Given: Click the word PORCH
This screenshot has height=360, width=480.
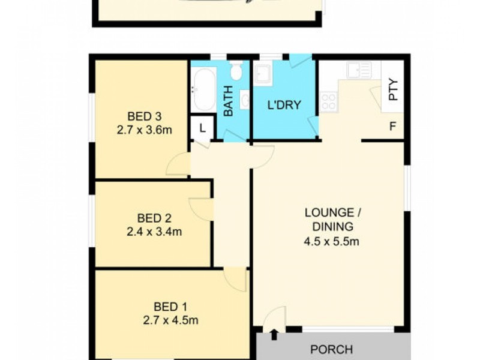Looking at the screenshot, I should click(x=331, y=349).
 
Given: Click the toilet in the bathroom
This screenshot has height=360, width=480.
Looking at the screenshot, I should click(x=236, y=73).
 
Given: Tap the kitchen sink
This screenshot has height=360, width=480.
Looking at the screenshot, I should click(x=360, y=71).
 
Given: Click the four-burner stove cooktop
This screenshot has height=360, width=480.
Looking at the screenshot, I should click(x=328, y=101).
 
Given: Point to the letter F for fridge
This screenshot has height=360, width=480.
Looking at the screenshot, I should click(x=393, y=127).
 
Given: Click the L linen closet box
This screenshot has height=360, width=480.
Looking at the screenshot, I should click(x=202, y=128).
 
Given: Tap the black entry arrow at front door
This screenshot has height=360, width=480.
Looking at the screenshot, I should click(x=275, y=333).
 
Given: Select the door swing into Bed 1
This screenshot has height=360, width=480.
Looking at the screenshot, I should click(x=235, y=280).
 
